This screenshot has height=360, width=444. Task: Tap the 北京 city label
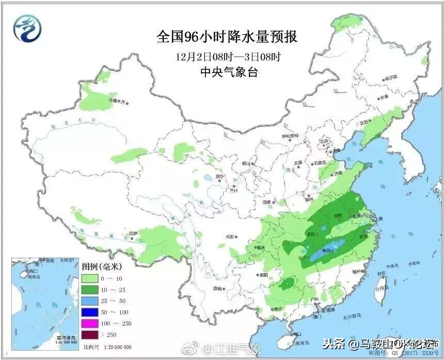(x=324, y=140)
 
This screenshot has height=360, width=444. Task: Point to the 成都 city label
(x=229, y=237)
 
